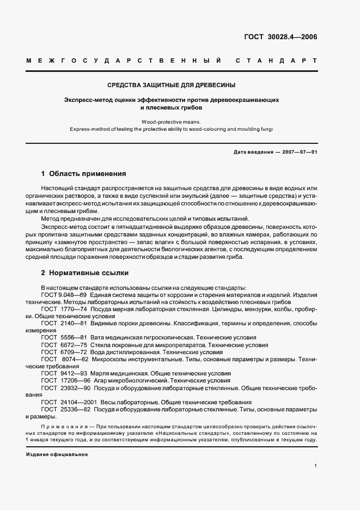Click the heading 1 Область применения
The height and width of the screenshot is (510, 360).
84,174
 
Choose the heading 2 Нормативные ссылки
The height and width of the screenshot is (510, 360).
85,272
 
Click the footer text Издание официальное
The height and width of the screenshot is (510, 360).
57,454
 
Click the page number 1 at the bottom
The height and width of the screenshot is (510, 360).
315,466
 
